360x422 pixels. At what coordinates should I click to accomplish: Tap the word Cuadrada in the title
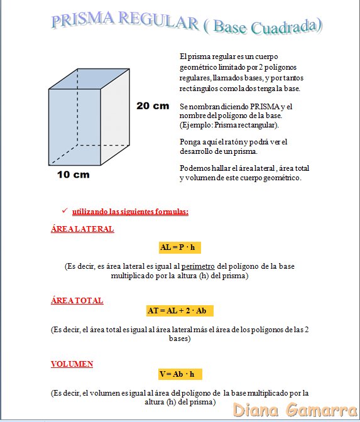click(x=288, y=27)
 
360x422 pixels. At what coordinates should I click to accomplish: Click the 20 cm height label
click(x=153, y=105)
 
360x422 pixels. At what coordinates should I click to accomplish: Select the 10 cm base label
click(x=74, y=175)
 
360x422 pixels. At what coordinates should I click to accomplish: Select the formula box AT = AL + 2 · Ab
click(x=180, y=311)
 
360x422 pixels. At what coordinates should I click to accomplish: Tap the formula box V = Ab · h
click(x=177, y=374)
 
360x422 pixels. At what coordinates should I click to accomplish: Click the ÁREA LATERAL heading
click(x=82, y=229)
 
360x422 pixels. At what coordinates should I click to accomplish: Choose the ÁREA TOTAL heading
click(x=77, y=301)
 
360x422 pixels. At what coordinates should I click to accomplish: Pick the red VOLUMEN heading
click(x=72, y=364)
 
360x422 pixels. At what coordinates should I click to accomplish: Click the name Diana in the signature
click(x=258, y=410)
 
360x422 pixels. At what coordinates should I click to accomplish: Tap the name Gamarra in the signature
click(x=320, y=410)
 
